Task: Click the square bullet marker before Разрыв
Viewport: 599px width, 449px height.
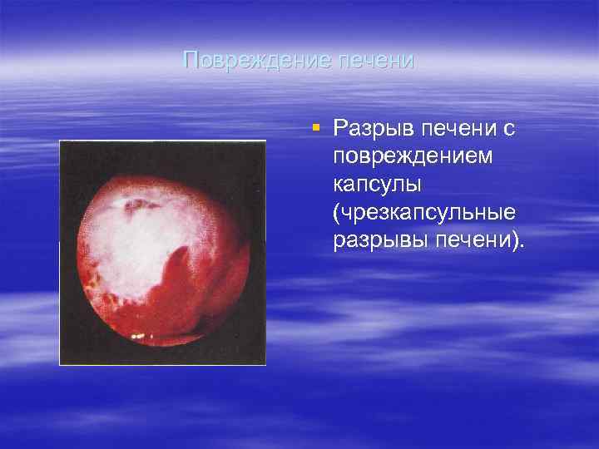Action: click(315, 127)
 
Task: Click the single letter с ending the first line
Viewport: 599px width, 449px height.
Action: click(509, 130)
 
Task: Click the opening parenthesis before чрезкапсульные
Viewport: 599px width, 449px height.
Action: click(336, 213)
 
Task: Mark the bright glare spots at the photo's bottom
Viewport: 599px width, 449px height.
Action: click(138, 337)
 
